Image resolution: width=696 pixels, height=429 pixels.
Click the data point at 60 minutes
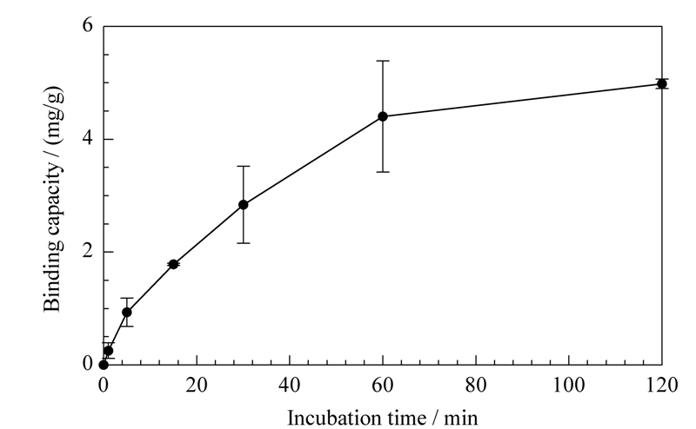(x=383, y=116)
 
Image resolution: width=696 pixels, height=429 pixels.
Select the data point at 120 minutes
(x=662, y=83)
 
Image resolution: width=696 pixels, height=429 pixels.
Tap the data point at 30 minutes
(x=244, y=204)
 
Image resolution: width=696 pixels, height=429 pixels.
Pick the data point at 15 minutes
(x=173, y=264)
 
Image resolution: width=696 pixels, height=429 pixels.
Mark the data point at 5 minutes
(x=127, y=312)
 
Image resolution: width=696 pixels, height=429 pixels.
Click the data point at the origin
(x=104, y=365)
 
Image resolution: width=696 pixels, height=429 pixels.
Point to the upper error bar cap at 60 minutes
(x=383, y=61)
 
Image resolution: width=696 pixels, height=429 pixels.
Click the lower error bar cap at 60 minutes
(x=383, y=171)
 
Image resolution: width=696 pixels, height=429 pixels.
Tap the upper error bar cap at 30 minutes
(x=244, y=166)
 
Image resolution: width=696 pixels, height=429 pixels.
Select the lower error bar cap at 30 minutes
(x=244, y=243)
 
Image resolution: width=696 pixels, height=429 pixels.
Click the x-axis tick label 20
(x=197, y=385)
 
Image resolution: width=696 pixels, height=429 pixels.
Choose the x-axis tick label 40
(x=290, y=385)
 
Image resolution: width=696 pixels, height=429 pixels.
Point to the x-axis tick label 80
(x=476, y=385)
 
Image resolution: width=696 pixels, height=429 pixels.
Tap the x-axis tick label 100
(x=569, y=385)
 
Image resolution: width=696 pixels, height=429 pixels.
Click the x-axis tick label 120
(x=662, y=385)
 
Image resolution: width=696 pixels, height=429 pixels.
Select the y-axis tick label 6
(x=88, y=25)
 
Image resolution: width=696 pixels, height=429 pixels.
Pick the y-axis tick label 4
(x=88, y=138)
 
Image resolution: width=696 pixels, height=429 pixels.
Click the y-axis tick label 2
(x=88, y=251)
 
